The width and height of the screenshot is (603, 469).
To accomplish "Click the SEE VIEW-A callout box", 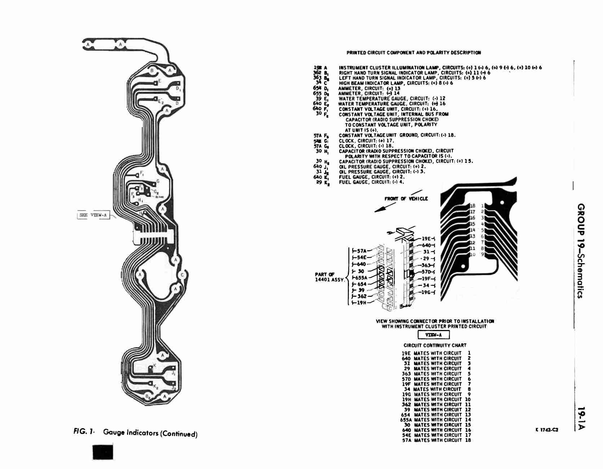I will point(93,216).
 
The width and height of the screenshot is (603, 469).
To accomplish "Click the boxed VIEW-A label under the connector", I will point(434,335).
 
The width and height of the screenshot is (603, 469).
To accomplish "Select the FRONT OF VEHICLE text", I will point(406,199).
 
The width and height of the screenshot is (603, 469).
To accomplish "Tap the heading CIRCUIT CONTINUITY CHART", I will point(435,345).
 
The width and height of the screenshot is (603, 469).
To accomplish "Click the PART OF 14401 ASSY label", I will point(329,277).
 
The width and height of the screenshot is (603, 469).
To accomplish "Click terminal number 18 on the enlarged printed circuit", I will point(472,205).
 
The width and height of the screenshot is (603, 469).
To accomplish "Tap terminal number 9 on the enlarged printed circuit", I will point(482,254).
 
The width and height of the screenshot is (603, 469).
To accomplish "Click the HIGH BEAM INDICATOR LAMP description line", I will point(395,83).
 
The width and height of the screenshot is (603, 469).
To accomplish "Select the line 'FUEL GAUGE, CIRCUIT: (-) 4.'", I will point(371,182).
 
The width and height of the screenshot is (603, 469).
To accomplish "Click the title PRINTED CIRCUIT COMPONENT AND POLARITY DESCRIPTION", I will point(414,53).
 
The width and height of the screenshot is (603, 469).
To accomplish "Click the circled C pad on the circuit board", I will point(182,275).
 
